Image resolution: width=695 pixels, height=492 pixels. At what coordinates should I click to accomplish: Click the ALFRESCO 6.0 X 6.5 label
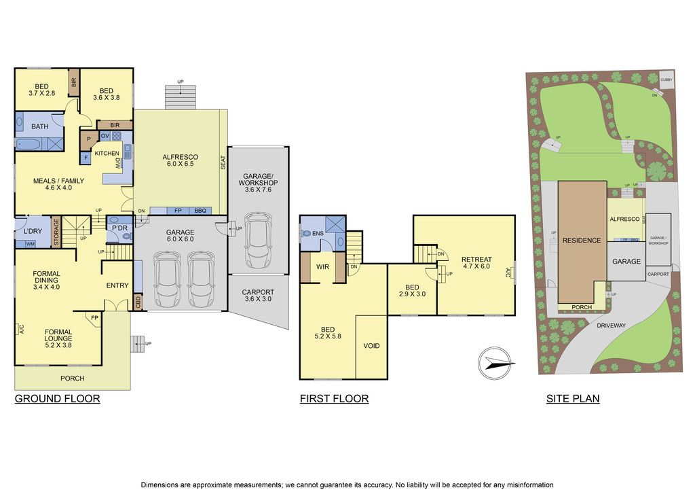pyautogui.click(x=180, y=160)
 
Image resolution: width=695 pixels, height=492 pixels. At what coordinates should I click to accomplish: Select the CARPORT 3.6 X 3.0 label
pyautogui.click(x=258, y=296)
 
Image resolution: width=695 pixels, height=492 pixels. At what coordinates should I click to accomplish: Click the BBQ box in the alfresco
pyautogui.click(x=200, y=211)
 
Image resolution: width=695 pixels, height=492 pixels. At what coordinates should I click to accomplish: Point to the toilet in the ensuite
pyautogui.click(x=307, y=233)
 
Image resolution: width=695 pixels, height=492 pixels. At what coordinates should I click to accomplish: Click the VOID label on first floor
pyautogui.click(x=371, y=346)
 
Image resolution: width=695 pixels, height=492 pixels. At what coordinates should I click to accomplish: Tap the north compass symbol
pyautogui.click(x=496, y=364)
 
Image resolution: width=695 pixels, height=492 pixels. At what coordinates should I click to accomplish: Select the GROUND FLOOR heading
pyautogui.click(x=57, y=399)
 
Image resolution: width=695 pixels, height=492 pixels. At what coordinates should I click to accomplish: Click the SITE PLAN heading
pyautogui.click(x=573, y=399)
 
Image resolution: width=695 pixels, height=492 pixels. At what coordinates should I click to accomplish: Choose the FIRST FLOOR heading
pyautogui.click(x=334, y=399)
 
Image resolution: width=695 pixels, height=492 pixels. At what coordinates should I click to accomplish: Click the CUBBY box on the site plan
pyautogui.click(x=666, y=80)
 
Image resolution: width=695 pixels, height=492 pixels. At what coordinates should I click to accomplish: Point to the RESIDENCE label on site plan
pyautogui.click(x=582, y=241)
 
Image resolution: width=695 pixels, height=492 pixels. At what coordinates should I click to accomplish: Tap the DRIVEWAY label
pyautogui.click(x=611, y=326)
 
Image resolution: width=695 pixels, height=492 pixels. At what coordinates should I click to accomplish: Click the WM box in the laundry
pyautogui.click(x=30, y=244)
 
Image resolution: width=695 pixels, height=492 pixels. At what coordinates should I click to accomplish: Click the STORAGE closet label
pyautogui.click(x=56, y=231)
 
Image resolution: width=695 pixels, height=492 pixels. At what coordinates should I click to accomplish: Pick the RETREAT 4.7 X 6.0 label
pyautogui.click(x=476, y=262)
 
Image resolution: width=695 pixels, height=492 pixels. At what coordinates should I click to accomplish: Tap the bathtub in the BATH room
pyautogui.click(x=29, y=144)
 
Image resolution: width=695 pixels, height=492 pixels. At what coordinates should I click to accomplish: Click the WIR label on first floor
pyautogui.click(x=322, y=266)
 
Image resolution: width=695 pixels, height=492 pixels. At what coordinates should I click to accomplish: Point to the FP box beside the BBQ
pyautogui.click(x=178, y=211)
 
